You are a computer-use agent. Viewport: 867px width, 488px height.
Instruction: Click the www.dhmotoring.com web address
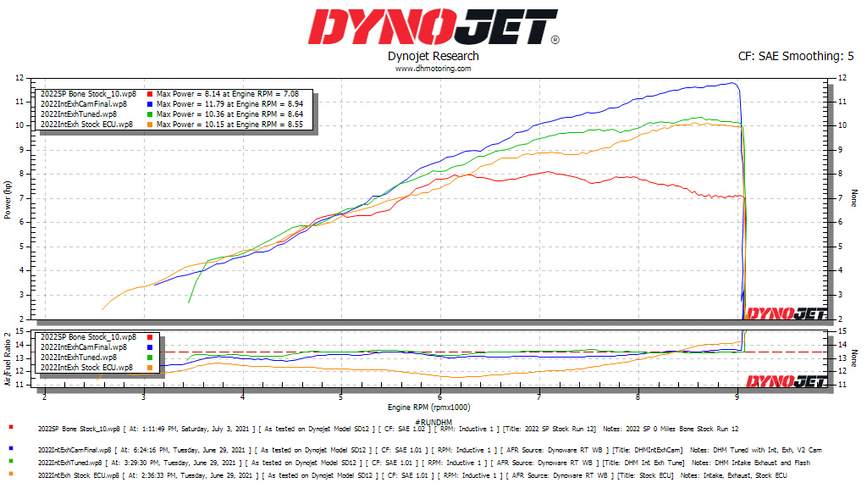433,69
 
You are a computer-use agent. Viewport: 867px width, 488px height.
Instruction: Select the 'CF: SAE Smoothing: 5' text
797,56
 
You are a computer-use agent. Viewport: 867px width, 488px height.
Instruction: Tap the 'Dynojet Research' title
433,56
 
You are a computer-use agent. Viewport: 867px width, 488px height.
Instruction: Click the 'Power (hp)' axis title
8,198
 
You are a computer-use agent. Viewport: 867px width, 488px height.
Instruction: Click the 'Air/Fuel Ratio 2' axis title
8,358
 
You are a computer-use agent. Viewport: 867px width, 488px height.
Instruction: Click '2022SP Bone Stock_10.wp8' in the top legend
88,93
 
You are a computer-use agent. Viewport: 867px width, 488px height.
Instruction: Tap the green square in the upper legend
150,114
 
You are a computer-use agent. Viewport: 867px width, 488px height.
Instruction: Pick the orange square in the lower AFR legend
150,368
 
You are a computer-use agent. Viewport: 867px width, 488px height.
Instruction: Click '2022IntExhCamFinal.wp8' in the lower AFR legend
84,347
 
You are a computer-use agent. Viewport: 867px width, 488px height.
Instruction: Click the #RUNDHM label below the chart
433,421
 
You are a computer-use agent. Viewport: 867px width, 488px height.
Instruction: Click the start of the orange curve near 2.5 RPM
103,308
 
